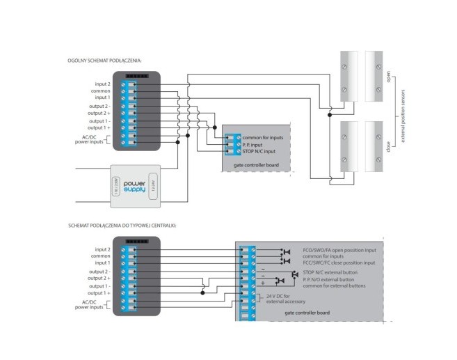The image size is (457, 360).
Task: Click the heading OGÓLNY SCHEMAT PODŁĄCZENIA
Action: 105,61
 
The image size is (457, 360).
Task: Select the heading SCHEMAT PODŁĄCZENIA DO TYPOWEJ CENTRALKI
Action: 122,226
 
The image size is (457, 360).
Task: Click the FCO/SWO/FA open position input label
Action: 339,249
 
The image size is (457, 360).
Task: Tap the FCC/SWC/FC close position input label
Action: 339,263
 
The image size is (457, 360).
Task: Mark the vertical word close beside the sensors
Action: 389,146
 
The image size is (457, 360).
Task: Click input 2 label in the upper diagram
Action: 102,84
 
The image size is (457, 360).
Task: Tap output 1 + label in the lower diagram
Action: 99,293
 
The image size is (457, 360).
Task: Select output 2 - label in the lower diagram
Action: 99,272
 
